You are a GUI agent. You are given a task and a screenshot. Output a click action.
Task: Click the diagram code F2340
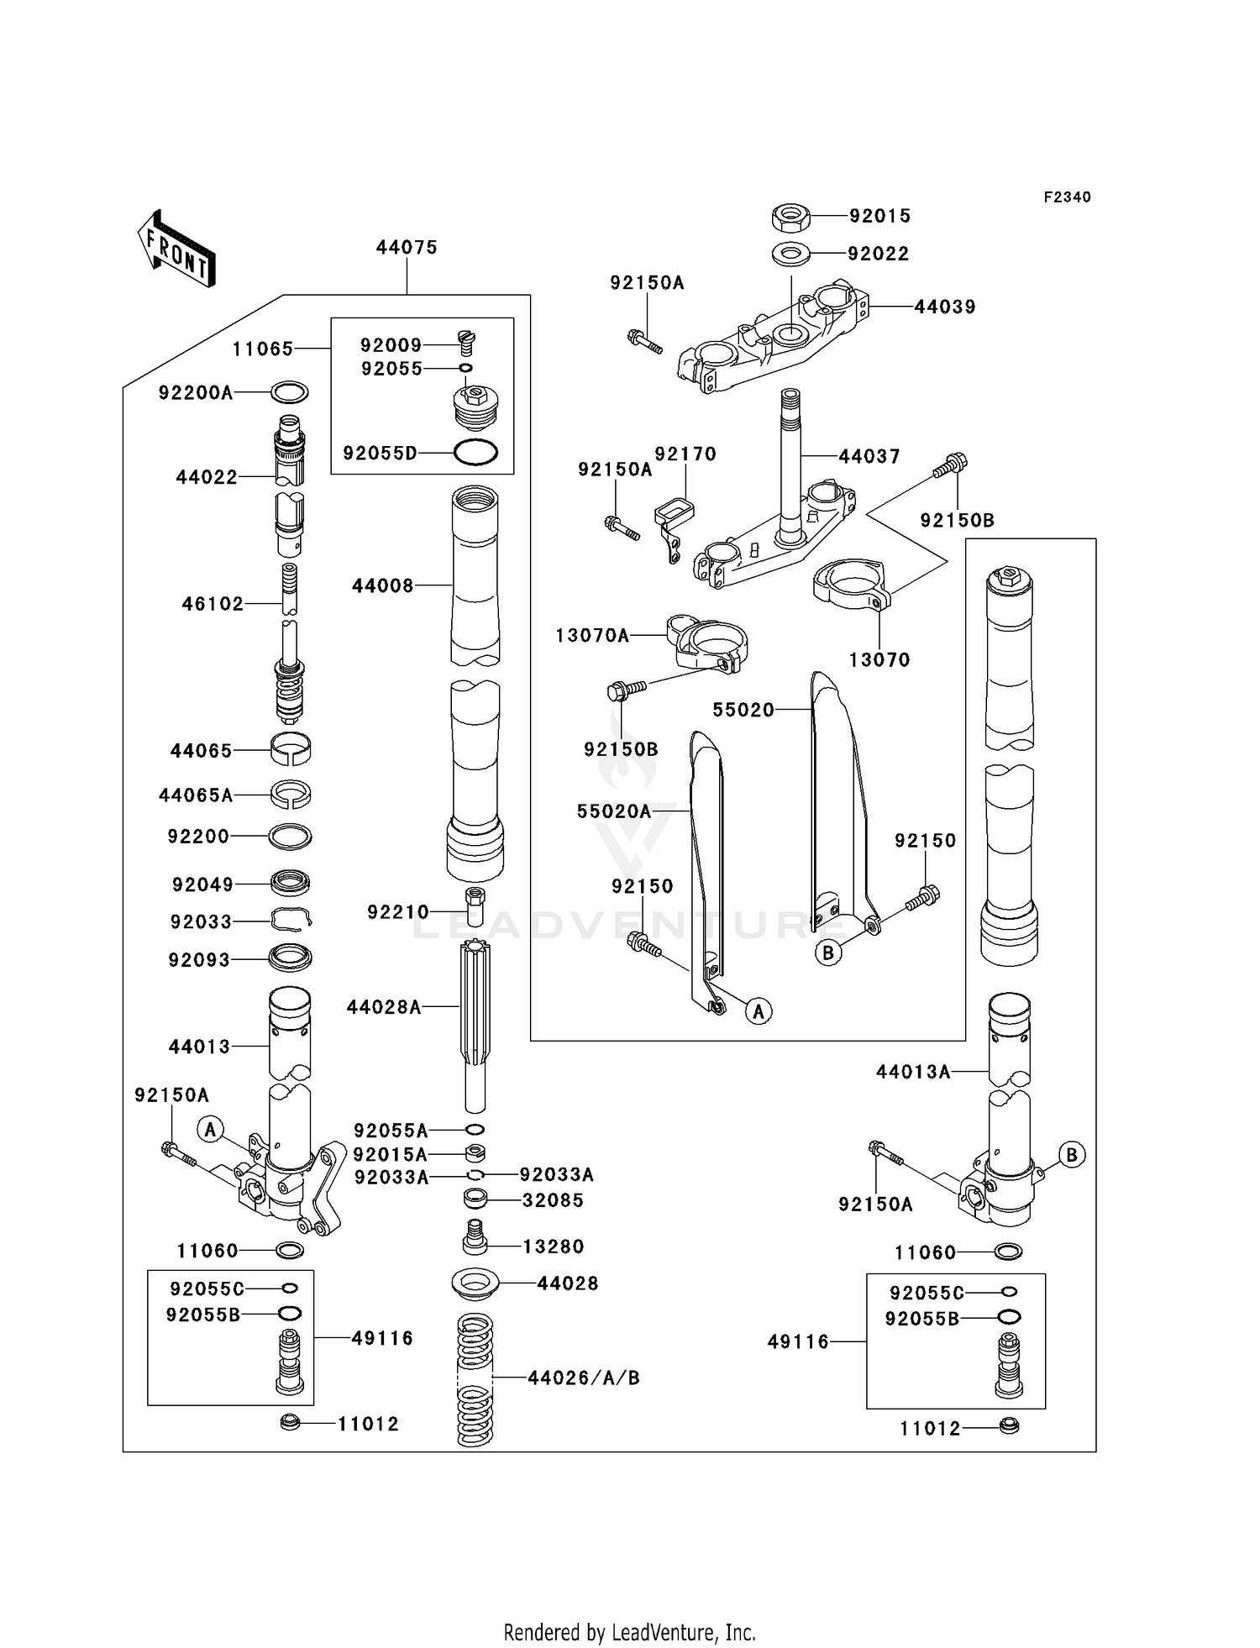[1067, 197]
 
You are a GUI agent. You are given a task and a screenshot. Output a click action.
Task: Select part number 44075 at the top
[407, 247]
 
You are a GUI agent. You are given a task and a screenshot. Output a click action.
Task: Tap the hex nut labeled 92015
[790, 217]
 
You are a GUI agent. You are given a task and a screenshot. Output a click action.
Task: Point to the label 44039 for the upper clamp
[944, 307]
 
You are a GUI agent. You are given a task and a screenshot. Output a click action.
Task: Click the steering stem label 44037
[869, 456]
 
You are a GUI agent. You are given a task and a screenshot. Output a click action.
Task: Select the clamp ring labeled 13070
[851, 585]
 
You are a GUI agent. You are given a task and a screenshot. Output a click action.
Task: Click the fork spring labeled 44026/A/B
[475, 1379]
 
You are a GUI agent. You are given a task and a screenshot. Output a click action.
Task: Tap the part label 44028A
[383, 1006]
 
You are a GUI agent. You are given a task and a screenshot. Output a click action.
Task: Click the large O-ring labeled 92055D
[475, 453]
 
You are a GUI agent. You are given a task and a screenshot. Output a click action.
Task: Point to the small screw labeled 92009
[467, 340]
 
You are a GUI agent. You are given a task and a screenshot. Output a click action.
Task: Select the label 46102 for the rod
[213, 603]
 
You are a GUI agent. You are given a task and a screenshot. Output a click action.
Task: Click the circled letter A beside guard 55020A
[759, 1011]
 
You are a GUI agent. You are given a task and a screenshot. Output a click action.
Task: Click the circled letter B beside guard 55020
[828, 953]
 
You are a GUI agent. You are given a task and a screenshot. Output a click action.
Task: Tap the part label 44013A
[912, 1071]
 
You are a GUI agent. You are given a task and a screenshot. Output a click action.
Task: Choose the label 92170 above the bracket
[685, 454]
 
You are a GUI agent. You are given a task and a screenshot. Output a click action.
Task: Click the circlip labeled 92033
[291, 921]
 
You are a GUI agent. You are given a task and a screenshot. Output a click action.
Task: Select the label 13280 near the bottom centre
[553, 1246]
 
